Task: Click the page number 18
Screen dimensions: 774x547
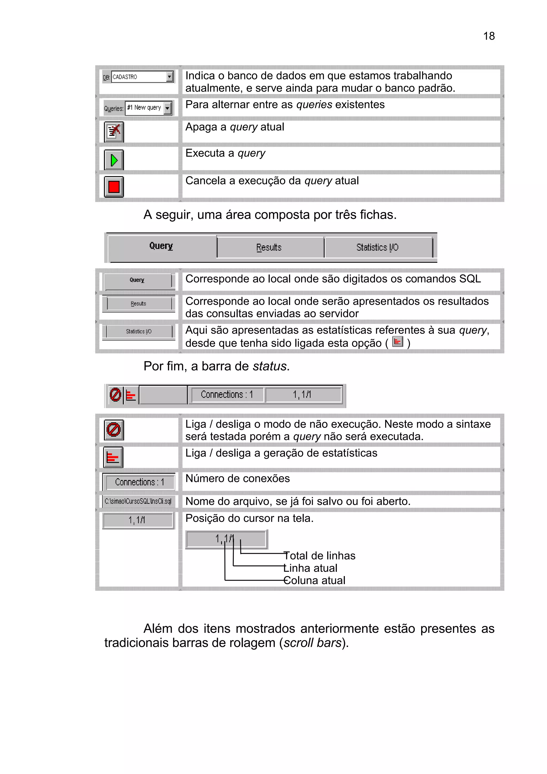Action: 489,36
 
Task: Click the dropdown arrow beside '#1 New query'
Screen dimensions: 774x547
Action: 167,108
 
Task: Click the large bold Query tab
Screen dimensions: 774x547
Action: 161,246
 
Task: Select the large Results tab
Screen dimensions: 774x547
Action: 269,247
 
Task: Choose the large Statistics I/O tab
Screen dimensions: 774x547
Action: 377,247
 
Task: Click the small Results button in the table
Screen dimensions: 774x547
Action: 139,304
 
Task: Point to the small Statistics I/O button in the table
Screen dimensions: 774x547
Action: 139,331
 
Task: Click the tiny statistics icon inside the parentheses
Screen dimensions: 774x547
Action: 398,342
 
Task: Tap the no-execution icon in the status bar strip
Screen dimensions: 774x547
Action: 115,394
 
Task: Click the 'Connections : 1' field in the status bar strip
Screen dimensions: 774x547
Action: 227,394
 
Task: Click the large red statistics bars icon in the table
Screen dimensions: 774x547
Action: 113,458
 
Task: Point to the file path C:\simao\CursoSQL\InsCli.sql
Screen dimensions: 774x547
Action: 138,501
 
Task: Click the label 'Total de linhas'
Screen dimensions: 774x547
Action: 319,556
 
